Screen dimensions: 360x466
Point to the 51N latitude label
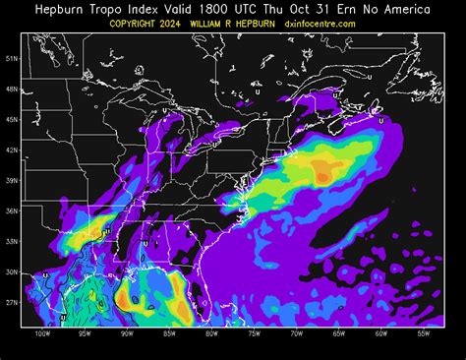(x=12, y=58)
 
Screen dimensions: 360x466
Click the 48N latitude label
(x=12, y=89)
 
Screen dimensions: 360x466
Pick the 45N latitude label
(x=12, y=119)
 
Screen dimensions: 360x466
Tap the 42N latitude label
(x=12, y=150)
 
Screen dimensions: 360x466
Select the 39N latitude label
(x=12, y=180)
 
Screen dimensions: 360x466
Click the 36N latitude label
(x=12, y=210)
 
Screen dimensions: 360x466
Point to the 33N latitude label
(x=12, y=241)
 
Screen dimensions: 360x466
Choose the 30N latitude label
(x=12, y=271)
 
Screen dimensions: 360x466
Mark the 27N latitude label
(x=12, y=302)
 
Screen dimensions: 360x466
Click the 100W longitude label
(x=41, y=333)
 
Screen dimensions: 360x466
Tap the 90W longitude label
(x=127, y=333)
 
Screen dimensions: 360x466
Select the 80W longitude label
(x=211, y=333)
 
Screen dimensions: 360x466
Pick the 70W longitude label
(x=296, y=333)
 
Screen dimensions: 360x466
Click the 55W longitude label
(x=424, y=333)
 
